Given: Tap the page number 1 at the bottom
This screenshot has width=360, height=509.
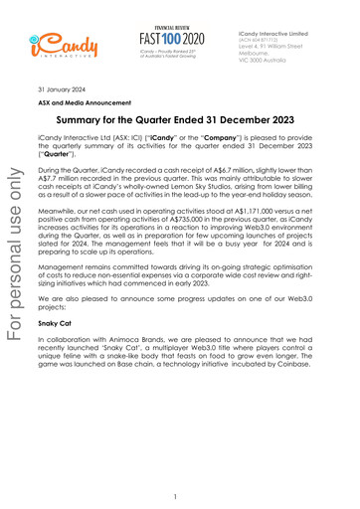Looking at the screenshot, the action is [174, 495].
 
